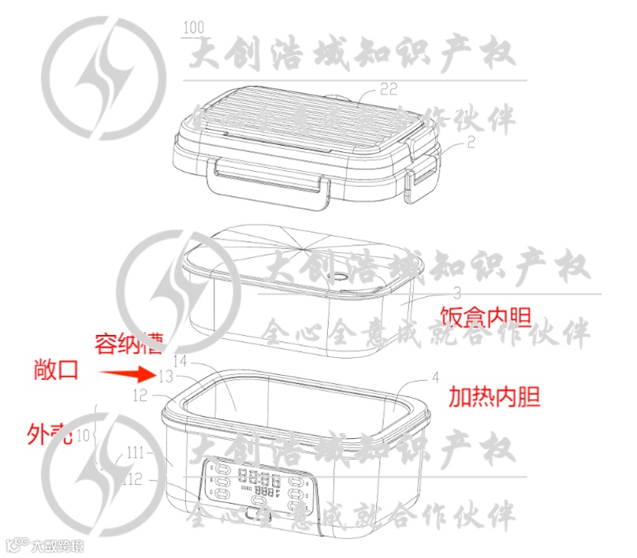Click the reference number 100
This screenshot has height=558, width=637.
pos(192,29)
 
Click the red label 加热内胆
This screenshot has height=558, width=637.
pos(494,396)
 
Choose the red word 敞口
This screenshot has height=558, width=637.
pos(57,370)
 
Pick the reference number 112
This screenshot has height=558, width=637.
pos(132,478)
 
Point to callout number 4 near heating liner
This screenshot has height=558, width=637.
pos(434,378)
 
